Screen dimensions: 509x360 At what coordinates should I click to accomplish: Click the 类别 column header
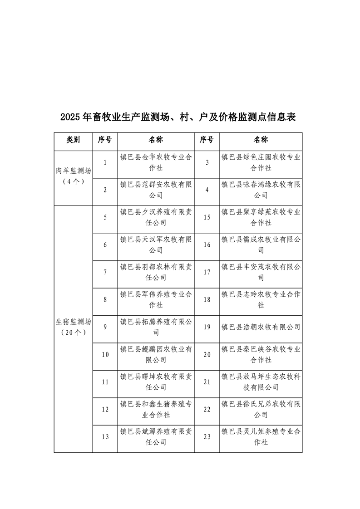coord(73,140)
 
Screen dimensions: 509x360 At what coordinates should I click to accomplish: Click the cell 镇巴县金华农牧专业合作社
coord(156,162)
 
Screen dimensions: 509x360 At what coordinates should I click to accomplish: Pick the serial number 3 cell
coord(207,162)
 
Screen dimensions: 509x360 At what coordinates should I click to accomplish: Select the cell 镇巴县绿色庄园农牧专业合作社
coord(261,162)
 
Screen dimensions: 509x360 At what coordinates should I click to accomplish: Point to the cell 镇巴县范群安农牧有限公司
coord(156,190)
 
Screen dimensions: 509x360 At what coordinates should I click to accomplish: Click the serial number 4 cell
coord(207,190)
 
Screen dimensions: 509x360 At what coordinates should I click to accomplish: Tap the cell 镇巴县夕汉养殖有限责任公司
coord(156,217)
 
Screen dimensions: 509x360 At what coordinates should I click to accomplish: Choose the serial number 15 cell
coord(207,217)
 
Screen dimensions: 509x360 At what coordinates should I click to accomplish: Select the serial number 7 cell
coord(105,272)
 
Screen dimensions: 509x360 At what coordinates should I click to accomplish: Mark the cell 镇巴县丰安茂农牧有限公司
coord(261,272)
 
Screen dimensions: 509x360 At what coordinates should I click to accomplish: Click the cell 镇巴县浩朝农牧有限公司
coord(261,327)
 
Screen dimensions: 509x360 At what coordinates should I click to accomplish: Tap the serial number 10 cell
coord(105,355)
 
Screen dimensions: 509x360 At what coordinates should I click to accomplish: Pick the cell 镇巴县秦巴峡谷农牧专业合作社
coord(261,355)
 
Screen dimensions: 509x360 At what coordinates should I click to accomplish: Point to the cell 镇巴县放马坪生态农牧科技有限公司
coord(261,382)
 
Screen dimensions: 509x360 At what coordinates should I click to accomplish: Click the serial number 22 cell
coord(207,410)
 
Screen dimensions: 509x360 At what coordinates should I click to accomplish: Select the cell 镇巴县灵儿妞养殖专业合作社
coord(261,437)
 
